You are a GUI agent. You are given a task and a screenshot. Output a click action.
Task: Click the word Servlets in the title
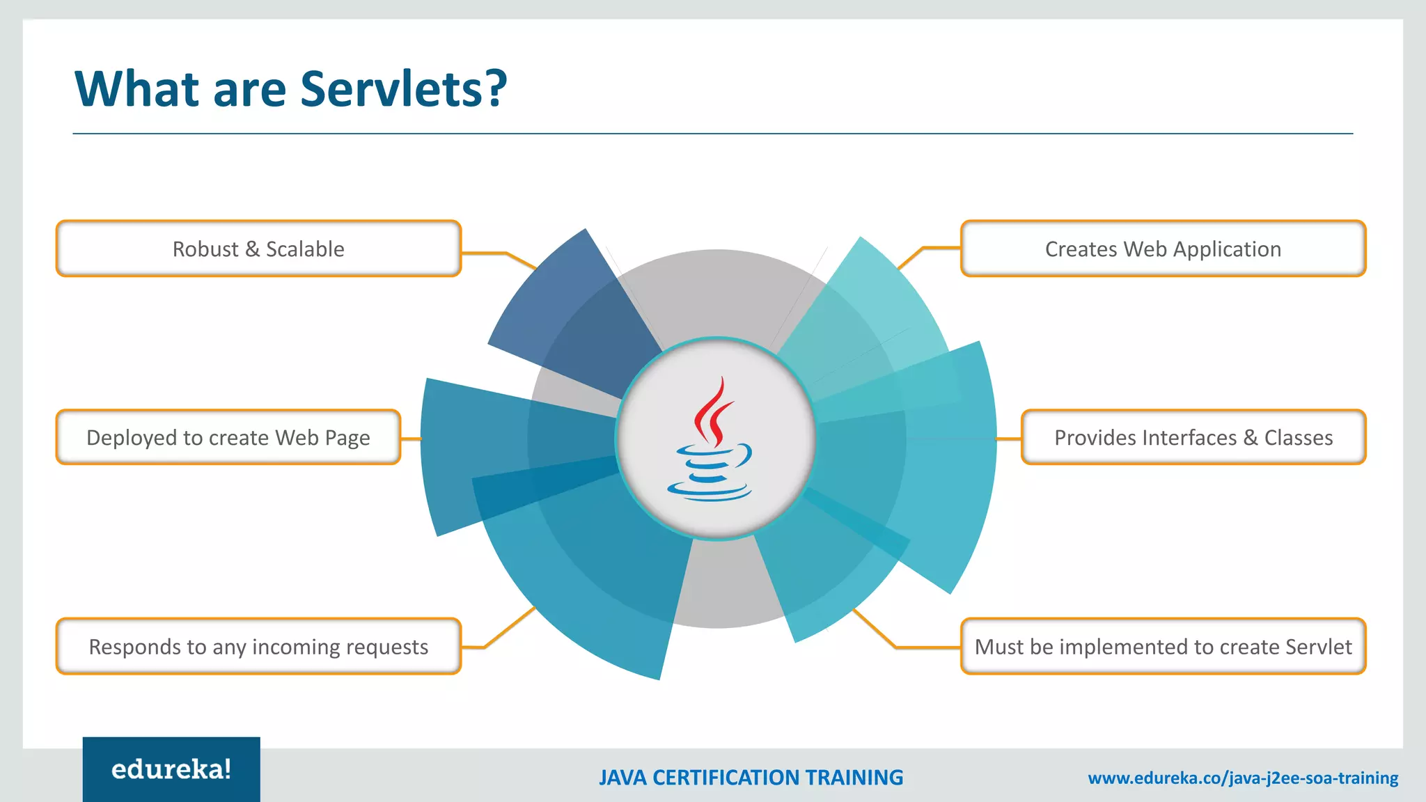coord(403,89)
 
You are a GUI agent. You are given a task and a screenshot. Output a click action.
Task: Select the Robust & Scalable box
coord(258,249)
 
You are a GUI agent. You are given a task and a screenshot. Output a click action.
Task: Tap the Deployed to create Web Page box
coord(228,437)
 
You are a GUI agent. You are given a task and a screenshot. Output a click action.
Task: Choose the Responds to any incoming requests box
coord(258,646)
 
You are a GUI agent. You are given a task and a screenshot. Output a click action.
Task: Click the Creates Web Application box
coord(1163,249)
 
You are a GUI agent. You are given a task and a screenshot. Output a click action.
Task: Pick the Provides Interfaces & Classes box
coord(1193,437)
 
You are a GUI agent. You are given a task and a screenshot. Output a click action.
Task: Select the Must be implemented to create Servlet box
coord(1163,646)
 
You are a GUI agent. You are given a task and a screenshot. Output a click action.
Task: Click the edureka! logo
coord(171,769)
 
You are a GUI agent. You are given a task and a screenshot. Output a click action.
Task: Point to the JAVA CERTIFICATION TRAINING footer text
coord(751,778)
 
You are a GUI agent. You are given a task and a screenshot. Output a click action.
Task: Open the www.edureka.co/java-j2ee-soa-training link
coord(1243,778)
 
